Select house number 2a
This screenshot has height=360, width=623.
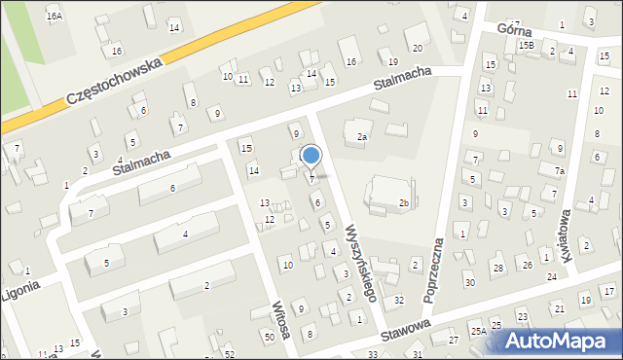pyautogui.click(x=361, y=137)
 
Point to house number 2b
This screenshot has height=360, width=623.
pyautogui.click(x=403, y=203)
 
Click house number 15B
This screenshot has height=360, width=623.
pyautogui.click(x=526, y=46)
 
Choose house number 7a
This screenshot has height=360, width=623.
pyautogui.click(x=560, y=171)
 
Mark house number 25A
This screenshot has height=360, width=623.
pyautogui.click(x=478, y=331)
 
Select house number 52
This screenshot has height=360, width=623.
pyautogui.click(x=230, y=355)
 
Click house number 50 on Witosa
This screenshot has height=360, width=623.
pyautogui.click(x=269, y=337)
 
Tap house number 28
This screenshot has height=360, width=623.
pyautogui.click(x=497, y=268)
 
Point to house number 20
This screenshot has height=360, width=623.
pyautogui.click(x=418, y=49)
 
